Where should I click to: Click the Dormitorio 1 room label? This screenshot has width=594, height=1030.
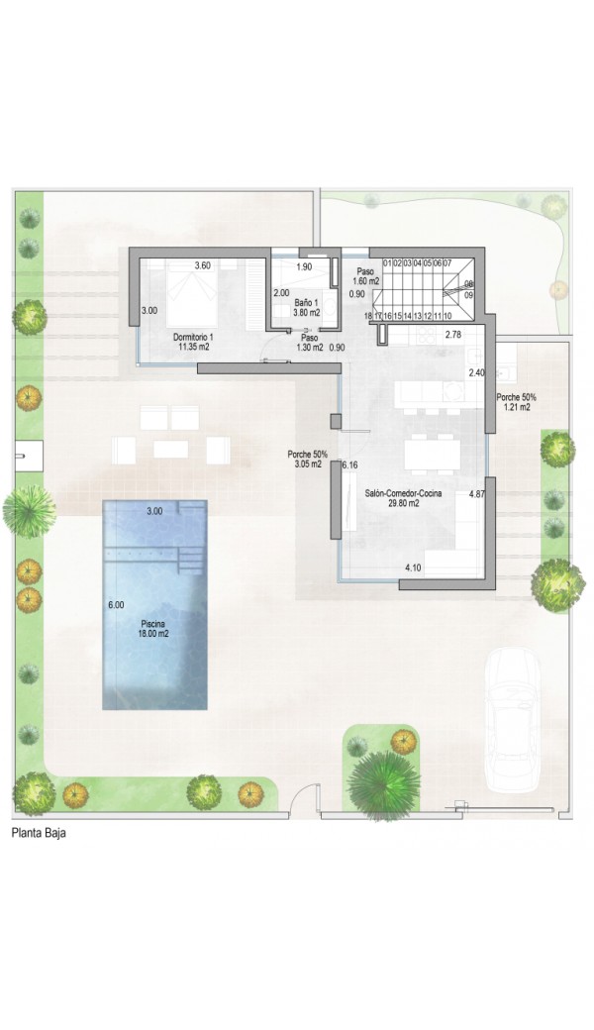[193, 341]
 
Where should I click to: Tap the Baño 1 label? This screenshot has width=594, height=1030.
[307, 307]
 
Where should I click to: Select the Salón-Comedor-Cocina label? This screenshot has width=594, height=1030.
[403, 498]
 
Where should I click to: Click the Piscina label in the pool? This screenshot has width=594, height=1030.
[154, 629]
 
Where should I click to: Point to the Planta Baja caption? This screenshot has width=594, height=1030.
[39, 833]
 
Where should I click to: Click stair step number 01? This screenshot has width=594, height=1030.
[387, 262]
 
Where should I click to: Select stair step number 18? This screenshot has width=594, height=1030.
[368, 316]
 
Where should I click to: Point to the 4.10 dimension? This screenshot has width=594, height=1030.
[414, 567]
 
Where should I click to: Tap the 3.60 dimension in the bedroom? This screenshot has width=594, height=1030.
[202, 266]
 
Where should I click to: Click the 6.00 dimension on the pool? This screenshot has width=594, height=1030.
[116, 605]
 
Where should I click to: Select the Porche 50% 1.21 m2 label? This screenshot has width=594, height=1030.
[517, 402]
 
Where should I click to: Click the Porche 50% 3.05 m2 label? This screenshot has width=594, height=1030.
[307, 459]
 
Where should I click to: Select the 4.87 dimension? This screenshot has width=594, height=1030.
[477, 494]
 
